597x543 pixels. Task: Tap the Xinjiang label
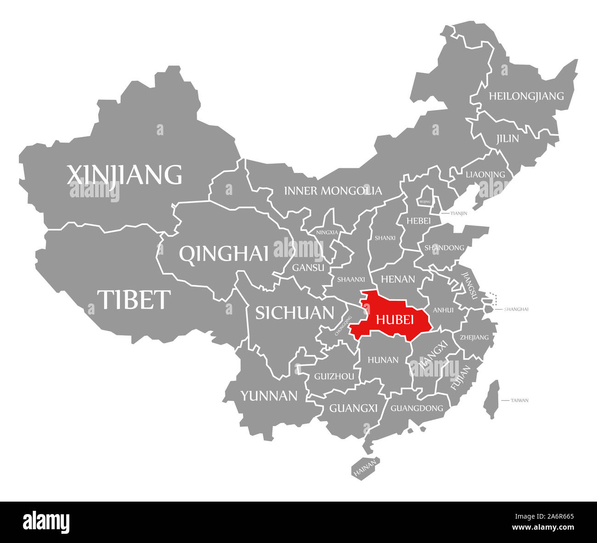[x=124, y=175]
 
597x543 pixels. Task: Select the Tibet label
[x=134, y=299]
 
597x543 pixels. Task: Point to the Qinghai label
[x=224, y=253]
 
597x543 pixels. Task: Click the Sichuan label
[x=294, y=313]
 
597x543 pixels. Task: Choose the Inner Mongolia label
[x=332, y=190]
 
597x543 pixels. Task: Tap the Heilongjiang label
[x=526, y=96]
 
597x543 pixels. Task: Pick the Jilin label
[x=507, y=138]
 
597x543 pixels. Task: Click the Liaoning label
[x=485, y=175]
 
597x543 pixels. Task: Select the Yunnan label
[x=269, y=395]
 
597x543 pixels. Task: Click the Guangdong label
[x=417, y=408]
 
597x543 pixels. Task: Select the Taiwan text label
[x=519, y=400]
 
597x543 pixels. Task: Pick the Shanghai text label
[x=516, y=309]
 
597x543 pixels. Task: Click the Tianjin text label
[x=459, y=213]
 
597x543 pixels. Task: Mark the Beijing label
[x=425, y=202]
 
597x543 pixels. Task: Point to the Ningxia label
[x=327, y=232]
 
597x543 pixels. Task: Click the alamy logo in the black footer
[x=46, y=522]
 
